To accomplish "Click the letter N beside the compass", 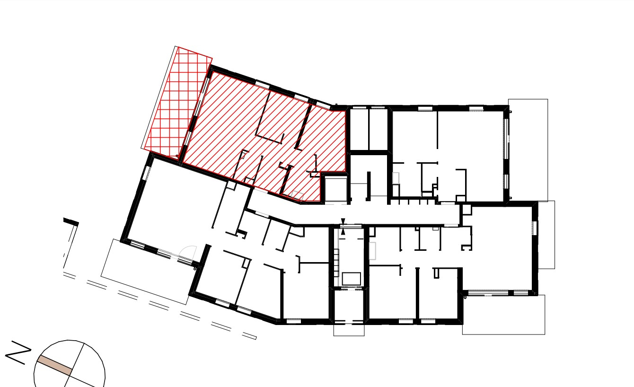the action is (18, 352).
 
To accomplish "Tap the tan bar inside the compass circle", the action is (54, 366).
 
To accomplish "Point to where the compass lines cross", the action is (70, 375).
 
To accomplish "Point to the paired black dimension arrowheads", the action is (343, 227).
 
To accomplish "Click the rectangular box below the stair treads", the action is (351, 279).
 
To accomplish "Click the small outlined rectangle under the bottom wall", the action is (349, 330).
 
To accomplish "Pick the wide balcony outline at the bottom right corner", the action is (504, 315).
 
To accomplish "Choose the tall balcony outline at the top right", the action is (528, 150).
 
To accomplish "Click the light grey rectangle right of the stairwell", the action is (372, 251).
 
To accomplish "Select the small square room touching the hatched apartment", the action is (335, 189).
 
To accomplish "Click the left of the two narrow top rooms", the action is (360, 129).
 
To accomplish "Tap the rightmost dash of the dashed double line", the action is (249, 336).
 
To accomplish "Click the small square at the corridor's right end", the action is (467, 210).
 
